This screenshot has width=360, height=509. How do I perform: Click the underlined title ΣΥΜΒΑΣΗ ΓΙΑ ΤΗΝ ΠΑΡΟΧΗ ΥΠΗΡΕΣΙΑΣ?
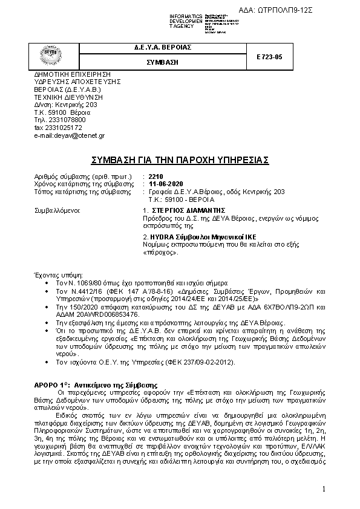179,160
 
